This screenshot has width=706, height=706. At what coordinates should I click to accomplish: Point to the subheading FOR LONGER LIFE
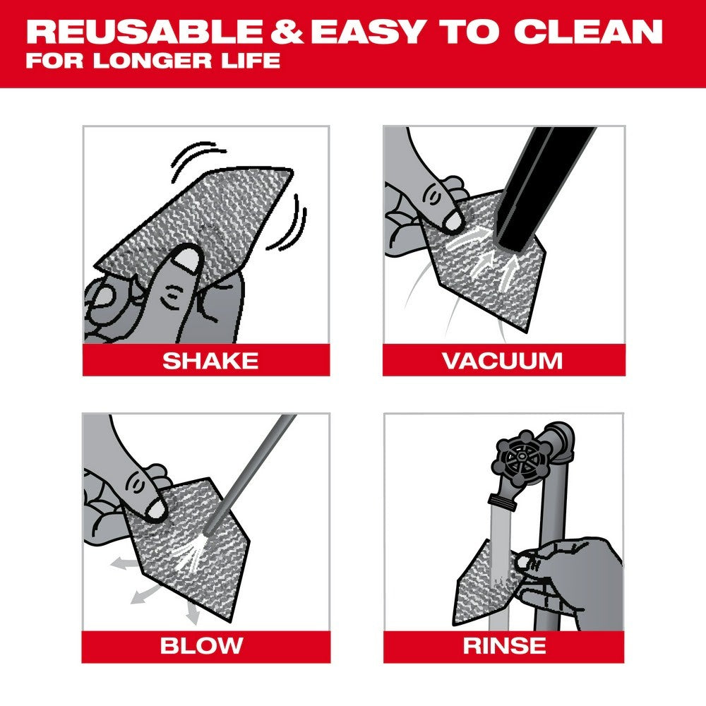click(x=152, y=61)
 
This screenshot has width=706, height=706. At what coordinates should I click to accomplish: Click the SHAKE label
click(x=210, y=360)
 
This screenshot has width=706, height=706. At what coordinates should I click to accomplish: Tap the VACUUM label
click(x=502, y=360)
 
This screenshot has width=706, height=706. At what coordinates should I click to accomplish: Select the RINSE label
click(x=503, y=645)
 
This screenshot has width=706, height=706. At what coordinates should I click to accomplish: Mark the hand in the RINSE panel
click(x=572, y=565)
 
